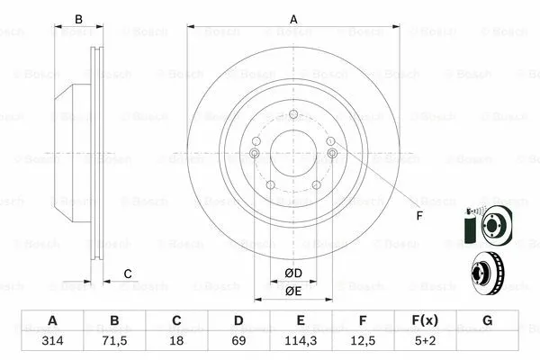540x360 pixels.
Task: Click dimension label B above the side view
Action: [x=78, y=19]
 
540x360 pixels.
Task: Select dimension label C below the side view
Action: [x=128, y=274]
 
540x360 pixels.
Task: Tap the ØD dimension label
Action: [x=293, y=274]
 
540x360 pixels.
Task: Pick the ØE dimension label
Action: [x=293, y=291]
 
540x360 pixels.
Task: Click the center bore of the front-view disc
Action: [x=293, y=152]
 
